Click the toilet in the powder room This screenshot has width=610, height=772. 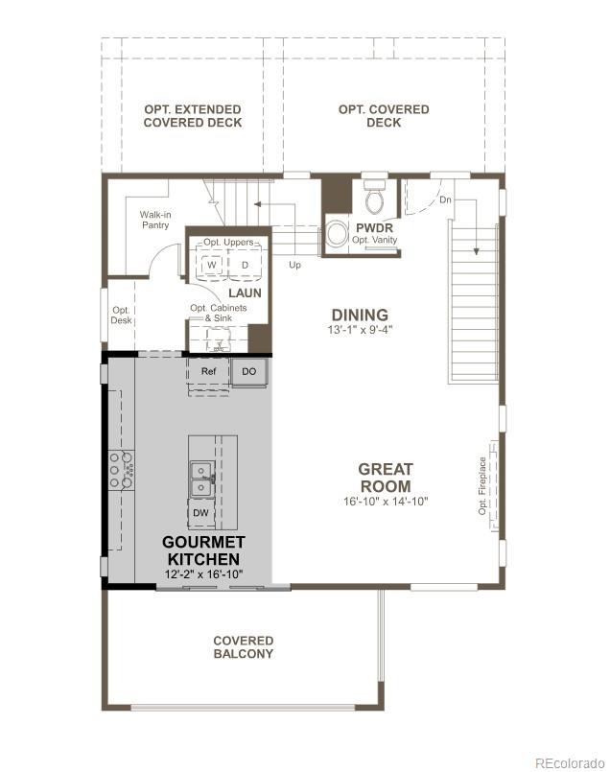click(375, 198)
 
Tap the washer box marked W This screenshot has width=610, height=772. click(211, 264)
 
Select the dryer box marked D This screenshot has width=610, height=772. click(245, 264)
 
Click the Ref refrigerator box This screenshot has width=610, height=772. click(208, 370)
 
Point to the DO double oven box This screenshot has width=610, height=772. click(248, 370)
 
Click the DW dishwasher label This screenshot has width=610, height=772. click(200, 513)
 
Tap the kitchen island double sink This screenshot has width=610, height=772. click(200, 479)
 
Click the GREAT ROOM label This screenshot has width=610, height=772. click(386, 478)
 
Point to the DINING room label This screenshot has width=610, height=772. click(360, 315)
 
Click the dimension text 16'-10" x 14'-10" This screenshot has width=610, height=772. click(386, 502)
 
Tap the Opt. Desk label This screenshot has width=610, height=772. click(121, 315)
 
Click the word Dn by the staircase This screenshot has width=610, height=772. click(445, 200)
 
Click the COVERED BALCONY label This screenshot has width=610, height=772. click(243, 647)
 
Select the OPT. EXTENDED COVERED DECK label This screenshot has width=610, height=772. click(192, 116)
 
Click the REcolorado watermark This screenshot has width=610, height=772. click(570, 762)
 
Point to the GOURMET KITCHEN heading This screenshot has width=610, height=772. click(202, 550)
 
